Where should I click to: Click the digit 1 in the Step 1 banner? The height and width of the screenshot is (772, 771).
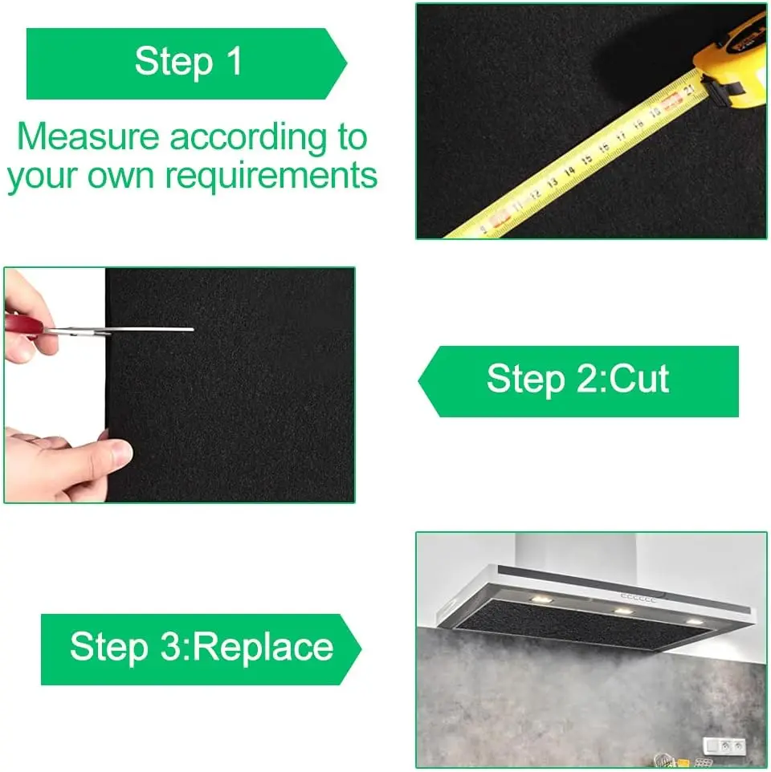pyautogui.click(x=235, y=61)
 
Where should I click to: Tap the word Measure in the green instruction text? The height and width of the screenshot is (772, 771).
pyautogui.click(x=88, y=136)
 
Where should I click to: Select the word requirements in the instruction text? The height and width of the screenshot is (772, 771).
pyautogui.click(x=271, y=175)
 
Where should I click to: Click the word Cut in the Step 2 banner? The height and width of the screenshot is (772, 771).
pyautogui.click(x=639, y=379)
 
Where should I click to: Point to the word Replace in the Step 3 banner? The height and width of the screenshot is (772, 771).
pyautogui.click(x=263, y=648)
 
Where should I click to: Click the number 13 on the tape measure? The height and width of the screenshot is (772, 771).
pyautogui.click(x=553, y=183)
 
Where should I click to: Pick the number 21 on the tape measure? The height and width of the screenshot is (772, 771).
pyautogui.click(x=689, y=90)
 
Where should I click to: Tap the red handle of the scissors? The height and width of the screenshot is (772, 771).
pyautogui.click(x=22, y=326)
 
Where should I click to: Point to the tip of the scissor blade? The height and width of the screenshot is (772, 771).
pyautogui.click(x=194, y=329)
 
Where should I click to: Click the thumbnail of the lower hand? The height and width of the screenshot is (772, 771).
pyautogui.click(x=120, y=452)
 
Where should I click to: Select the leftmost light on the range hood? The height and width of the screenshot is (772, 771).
pyautogui.click(x=541, y=599)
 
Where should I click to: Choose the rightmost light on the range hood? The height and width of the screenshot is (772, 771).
pyautogui.click(x=695, y=622)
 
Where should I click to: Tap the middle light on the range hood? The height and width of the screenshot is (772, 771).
pyautogui.click(x=623, y=611)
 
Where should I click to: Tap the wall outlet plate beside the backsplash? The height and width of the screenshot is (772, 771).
pyautogui.click(x=724, y=746)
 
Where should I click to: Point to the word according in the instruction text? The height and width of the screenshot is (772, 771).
pyautogui.click(x=248, y=138)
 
